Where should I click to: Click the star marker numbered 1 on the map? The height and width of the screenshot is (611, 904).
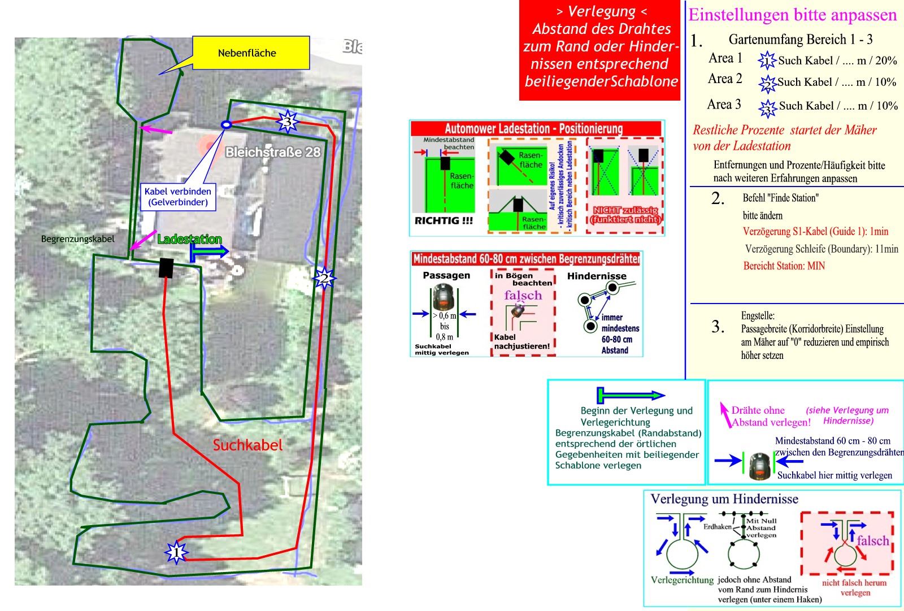[176, 552]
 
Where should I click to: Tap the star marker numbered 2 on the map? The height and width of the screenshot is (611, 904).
[324, 278]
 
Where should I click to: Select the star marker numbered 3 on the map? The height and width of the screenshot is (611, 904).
[287, 122]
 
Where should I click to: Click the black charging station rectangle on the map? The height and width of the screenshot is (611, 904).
[166, 268]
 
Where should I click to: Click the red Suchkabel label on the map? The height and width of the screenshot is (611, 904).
[247, 445]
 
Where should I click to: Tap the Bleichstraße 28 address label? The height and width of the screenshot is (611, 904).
[273, 152]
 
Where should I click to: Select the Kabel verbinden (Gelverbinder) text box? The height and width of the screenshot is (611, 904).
[178, 197]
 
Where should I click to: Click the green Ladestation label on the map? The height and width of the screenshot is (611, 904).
[189, 239]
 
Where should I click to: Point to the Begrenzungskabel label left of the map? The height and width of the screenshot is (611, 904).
[78, 239]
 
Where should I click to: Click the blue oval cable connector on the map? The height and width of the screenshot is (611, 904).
[226, 125]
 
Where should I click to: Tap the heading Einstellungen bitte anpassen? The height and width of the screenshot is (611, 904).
[792, 15]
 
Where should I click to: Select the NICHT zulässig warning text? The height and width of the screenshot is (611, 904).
[624, 215]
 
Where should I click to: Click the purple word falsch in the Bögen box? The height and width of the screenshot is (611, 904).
[523, 295]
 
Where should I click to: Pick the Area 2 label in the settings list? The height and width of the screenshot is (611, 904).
[725, 79]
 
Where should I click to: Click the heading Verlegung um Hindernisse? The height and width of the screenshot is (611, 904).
[724, 499]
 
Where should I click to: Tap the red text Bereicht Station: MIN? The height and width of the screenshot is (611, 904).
[784, 266]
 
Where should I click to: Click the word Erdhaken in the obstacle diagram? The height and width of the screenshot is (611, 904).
[717, 527]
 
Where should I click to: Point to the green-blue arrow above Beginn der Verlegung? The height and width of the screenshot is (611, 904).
[631, 395]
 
